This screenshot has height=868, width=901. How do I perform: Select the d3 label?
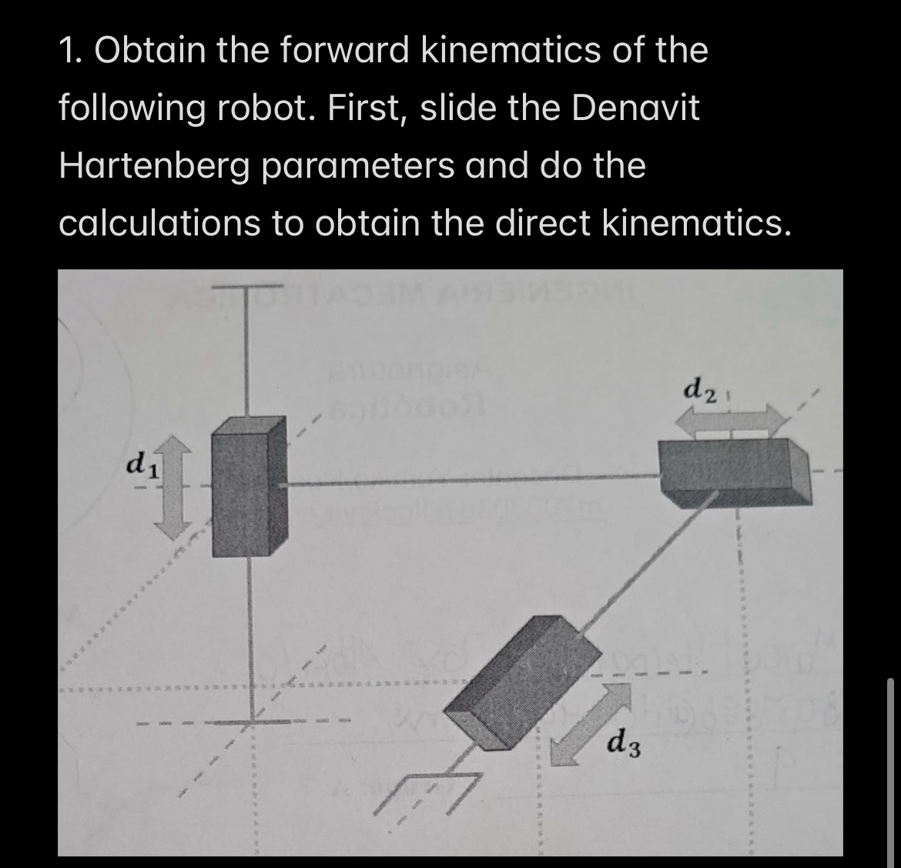pos(625,744)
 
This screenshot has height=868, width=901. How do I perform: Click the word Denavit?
pos(634,108)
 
